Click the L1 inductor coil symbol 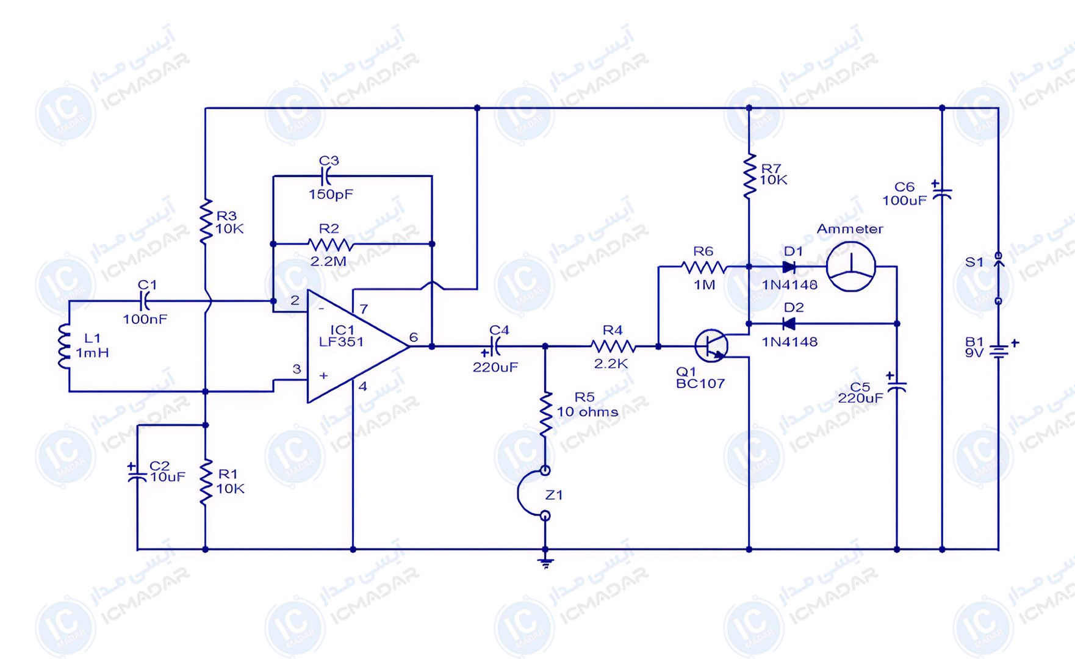tap(63, 346)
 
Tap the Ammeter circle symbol tap(850, 267)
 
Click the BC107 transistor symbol tap(712, 346)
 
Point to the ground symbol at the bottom tap(546, 563)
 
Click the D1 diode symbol tap(789, 267)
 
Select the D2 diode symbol tap(789, 323)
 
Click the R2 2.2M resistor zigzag tap(331, 244)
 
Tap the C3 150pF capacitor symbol tap(327, 176)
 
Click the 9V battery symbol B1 tap(999, 351)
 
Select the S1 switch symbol tap(999, 278)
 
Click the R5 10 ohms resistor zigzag tap(546, 414)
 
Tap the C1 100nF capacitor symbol tap(145, 301)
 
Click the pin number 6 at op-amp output tap(414, 337)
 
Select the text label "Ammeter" tap(850, 229)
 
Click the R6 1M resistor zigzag tap(704, 267)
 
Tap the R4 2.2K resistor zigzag tap(614, 346)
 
